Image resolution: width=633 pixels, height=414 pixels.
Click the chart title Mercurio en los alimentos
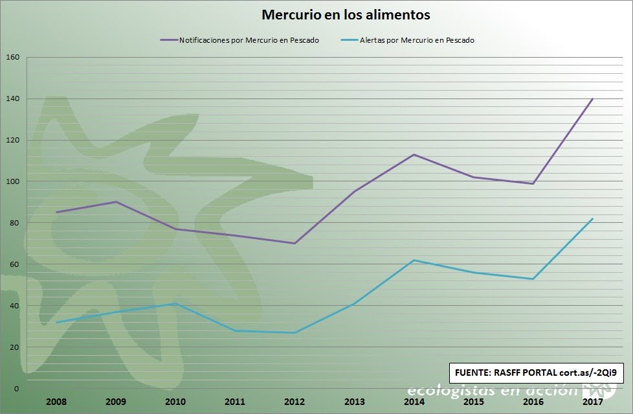click(346, 14)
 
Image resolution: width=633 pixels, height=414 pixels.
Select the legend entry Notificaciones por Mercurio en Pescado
click(239, 40)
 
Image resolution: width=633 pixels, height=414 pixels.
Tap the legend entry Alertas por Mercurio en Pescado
click(408, 40)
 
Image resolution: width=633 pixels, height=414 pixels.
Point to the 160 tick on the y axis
click(12, 57)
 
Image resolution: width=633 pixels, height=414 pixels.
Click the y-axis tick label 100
click(12, 181)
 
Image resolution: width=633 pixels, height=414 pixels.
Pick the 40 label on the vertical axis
click(14, 306)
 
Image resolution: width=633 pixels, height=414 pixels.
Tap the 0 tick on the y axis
click(17, 389)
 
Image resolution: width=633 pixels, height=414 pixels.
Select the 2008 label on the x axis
click(56, 402)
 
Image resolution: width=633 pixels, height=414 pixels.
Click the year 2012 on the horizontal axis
click(294, 402)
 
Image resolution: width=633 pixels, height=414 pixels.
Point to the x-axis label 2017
click(593, 402)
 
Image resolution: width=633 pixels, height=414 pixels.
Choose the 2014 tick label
click(414, 402)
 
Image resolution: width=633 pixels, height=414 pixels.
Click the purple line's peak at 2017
click(593, 98)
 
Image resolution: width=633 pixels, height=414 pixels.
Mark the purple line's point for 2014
click(414, 154)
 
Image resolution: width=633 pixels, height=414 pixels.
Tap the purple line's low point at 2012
click(294, 244)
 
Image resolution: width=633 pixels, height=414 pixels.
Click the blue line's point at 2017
click(593, 219)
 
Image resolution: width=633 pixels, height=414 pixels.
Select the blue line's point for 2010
click(175, 304)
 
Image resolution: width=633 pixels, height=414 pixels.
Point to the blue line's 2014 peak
click(414, 260)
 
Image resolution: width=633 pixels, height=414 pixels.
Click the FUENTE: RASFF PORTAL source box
click(536, 373)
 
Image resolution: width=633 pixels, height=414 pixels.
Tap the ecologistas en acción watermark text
click(492, 391)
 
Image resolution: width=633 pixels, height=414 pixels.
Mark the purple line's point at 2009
click(116, 201)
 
